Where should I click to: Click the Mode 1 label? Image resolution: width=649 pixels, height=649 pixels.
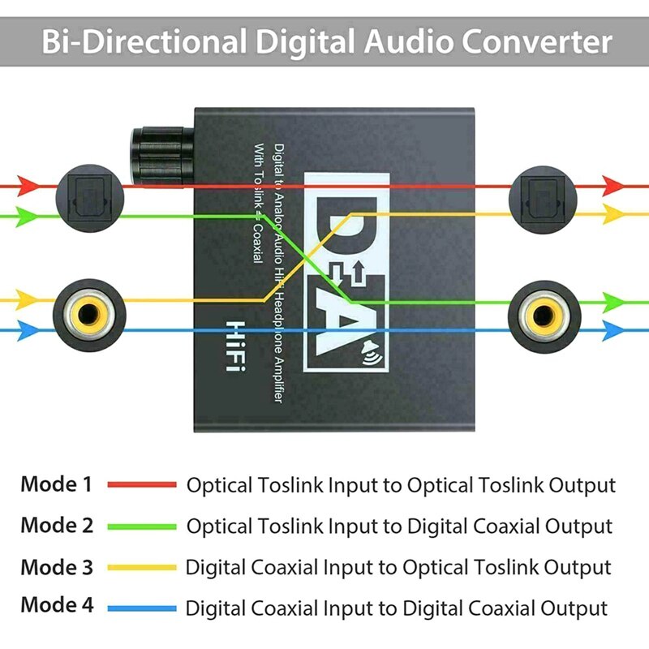[x=57, y=485]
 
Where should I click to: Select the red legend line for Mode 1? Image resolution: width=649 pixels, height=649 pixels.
[x=141, y=485]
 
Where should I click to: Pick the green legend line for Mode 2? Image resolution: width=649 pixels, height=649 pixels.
[x=141, y=526]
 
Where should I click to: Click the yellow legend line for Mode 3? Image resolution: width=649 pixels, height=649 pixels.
[x=141, y=566]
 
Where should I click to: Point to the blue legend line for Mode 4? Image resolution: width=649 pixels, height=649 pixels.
[x=141, y=607]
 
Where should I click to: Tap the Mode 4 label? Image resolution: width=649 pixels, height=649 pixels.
[x=57, y=605]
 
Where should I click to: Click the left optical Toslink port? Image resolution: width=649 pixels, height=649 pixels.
[x=89, y=197]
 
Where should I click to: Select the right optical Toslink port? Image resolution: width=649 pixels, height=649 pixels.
[x=541, y=197]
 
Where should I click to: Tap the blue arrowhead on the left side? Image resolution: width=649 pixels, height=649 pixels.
[x=28, y=330]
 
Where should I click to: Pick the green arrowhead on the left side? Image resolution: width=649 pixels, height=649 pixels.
[x=28, y=215]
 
